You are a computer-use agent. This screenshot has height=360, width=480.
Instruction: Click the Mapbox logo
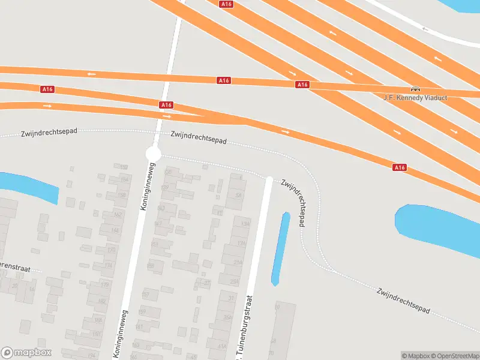coord(26,353)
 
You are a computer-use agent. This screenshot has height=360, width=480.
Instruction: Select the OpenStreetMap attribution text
coord(453,356)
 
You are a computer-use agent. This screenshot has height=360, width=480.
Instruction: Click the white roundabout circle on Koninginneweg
coord(154,154)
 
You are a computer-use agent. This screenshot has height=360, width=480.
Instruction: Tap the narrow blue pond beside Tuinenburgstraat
coord(280,248)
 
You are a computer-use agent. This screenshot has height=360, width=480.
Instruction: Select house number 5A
coord(238,195)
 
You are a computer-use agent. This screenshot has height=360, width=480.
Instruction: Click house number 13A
coord(244,223)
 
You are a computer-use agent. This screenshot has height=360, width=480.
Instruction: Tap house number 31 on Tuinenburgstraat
coord(230,298)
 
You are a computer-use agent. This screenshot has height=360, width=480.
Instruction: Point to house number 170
coord(110,249)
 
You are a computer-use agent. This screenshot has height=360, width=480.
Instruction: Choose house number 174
coord(109,265)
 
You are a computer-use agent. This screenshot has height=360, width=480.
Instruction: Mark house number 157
coord(145,295)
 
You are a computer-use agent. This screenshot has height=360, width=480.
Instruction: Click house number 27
coord(208,282)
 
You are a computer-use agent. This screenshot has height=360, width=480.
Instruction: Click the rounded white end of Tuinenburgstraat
coord(269,179)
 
